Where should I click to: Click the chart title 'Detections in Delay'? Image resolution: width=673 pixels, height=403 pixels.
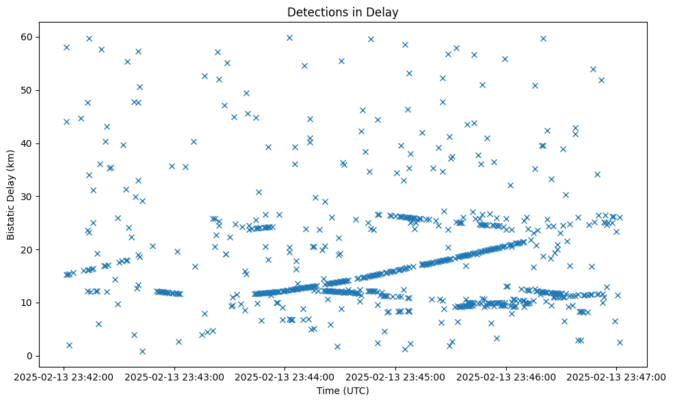click(343, 12)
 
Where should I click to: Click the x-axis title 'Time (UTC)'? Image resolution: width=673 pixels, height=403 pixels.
click(343, 391)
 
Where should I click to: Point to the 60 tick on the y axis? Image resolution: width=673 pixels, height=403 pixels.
click(27, 37)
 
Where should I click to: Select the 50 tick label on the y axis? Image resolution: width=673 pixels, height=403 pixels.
click(27, 90)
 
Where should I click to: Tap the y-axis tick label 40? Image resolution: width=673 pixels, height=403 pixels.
click(27, 143)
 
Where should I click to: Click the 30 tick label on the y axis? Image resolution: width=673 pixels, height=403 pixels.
click(27, 197)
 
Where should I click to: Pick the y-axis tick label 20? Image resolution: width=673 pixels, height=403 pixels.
click(27, 249)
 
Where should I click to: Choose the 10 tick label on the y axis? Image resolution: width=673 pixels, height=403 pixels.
click(27, 303)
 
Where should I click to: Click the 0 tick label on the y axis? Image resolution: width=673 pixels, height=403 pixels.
click(29, 356)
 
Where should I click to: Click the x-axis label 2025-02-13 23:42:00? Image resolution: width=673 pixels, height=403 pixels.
click(64, 376)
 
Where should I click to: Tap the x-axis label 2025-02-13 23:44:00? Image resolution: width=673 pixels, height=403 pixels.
click(285, 376)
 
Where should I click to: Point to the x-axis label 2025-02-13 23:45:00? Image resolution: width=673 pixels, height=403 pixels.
click(395, 376)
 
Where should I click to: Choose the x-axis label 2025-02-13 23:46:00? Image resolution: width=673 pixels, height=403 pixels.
click(506, 376)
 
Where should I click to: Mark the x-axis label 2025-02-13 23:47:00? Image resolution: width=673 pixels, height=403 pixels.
click(616, 376)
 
